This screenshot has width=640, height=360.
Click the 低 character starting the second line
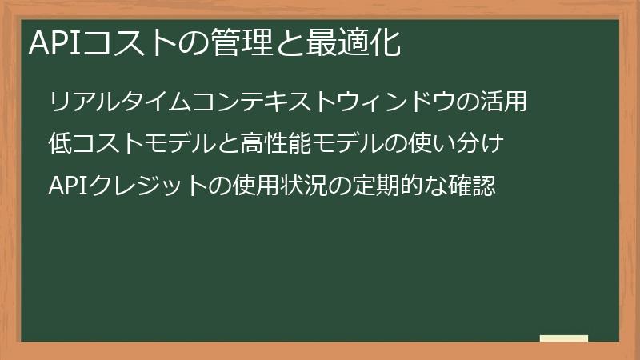[x=60, y=145]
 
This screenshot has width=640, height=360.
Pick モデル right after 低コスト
[x=189, y=145]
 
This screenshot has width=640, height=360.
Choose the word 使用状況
[x=276, y=187]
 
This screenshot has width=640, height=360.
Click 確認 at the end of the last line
[x=475, y=187]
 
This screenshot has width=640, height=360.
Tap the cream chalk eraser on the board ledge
[x=564, y=338]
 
